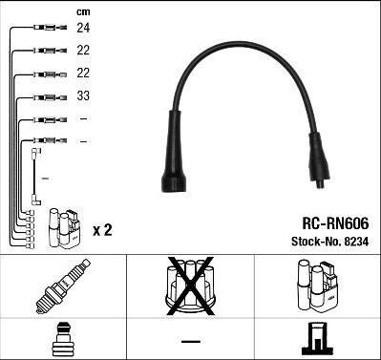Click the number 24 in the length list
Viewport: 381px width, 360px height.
coord(83,28)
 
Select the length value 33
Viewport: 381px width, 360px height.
coord(83,95)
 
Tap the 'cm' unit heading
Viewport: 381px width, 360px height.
coord(83,12)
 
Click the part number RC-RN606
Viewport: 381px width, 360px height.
coord(335,223)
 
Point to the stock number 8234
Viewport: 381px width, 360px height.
coord(355,242)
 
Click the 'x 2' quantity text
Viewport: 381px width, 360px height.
coord(102,230)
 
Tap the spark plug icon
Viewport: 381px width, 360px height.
coord(63,286)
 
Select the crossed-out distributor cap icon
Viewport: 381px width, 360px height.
coord(190,286)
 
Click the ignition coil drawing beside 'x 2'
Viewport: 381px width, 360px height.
coord(65,228)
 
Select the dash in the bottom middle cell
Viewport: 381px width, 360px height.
coord(191,342)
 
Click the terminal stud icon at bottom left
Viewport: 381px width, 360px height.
coord(62,339)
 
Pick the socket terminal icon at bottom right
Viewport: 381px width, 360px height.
coord(318,339)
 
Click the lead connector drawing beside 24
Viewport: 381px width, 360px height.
coord(51,28)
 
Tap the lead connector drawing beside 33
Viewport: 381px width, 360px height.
coord(51,97)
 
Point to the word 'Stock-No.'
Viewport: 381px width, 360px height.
coord(316,242)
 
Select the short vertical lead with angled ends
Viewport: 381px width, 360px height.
coord(33,177)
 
